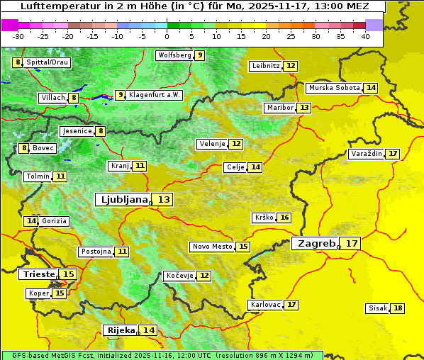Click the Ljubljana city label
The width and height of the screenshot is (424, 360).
point(122,199)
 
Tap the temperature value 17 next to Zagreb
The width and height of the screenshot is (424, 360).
point(352,244)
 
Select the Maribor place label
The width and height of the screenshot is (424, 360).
point(279,108)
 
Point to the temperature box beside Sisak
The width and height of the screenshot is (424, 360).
point(398,308)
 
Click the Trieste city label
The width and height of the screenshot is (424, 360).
point(39,274)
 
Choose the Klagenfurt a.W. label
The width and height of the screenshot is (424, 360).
point(155,95)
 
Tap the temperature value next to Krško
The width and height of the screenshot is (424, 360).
point(284,218)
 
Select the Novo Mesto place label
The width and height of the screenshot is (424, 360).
point(212,247)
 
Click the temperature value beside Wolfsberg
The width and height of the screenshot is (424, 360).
point(200,55)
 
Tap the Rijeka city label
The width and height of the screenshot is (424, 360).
point(121,330)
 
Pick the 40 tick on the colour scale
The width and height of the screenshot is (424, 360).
point(364,35)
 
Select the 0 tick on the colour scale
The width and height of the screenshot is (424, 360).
point(167,35)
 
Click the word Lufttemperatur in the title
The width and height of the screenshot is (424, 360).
point(54,6)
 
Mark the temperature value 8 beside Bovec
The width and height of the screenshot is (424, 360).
point(24,148)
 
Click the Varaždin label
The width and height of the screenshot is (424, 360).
point(366,154)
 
